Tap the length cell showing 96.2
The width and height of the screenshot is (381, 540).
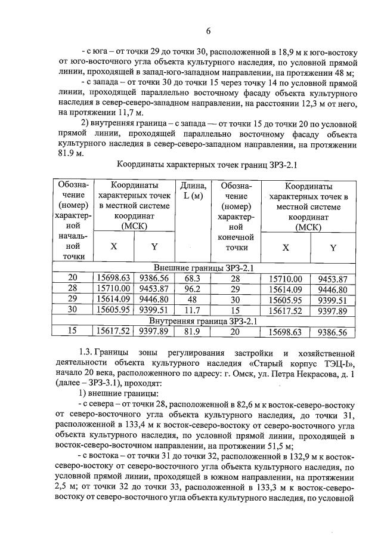(x=193, y=289)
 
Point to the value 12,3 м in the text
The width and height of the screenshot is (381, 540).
(x=303, y=102)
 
